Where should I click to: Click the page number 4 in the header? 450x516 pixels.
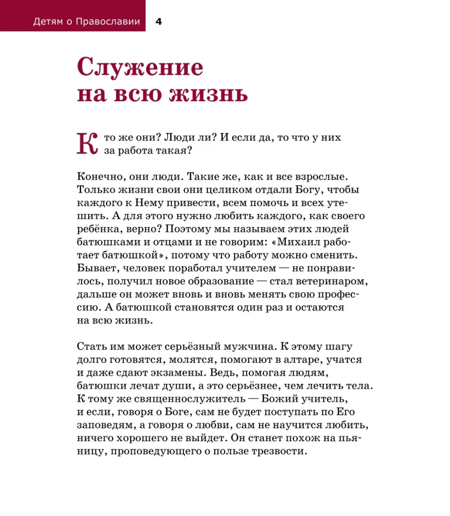click(159, 22)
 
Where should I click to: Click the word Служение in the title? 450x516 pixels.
click(140, 68)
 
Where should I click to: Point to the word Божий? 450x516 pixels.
click(285, 399)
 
